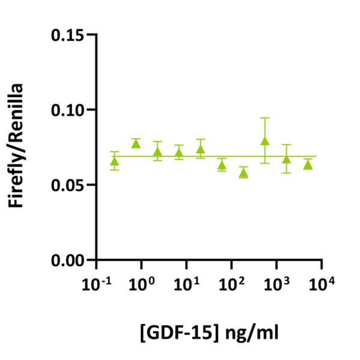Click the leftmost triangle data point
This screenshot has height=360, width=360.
(115, 161)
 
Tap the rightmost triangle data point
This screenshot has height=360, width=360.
(308, 164)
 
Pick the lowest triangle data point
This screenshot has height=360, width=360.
(243, 173)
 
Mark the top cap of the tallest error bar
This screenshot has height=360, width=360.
(265, 118)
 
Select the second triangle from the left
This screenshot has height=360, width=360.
(136, 143)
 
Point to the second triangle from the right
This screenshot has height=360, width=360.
(287, 159)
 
